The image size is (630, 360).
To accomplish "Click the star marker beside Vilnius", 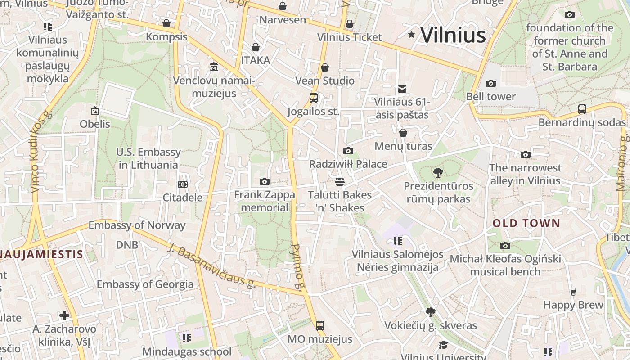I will [411, 35].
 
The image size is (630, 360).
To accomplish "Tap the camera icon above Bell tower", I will [491, 83].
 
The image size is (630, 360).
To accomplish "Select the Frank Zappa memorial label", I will [265, 201].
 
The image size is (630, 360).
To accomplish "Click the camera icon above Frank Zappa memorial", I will [265, 182].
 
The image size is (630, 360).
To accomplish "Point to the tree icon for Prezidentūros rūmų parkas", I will [438, 172].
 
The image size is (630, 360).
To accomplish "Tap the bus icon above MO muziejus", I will [320, 325].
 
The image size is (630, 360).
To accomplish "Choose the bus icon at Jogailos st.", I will [314, 98].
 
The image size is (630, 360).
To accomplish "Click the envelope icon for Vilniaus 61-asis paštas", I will [402, 89].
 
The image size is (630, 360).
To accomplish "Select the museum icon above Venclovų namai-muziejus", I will [214, 67].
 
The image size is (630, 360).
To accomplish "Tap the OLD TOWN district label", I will [526, 223].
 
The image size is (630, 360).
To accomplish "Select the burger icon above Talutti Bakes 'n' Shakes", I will [340, 181].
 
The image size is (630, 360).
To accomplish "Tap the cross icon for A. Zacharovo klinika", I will [64, 315].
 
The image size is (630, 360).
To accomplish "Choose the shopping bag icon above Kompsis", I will [166, 23].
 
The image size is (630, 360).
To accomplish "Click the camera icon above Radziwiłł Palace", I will [348, 151].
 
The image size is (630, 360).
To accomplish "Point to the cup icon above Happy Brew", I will [573, 292].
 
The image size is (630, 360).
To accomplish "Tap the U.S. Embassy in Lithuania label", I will [148, 158].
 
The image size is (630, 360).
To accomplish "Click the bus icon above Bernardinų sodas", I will [582, 109].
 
